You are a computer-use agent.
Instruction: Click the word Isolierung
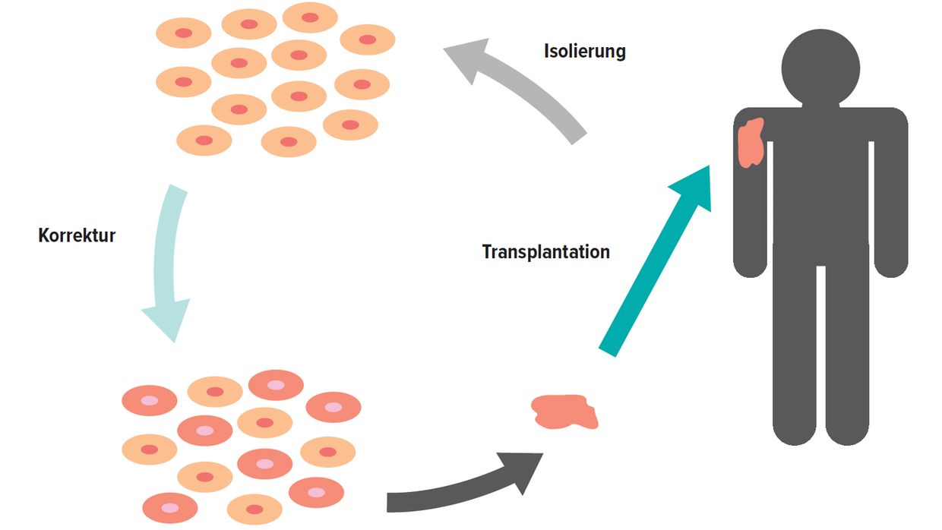[x=585, y=52]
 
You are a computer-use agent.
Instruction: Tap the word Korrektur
[x=77, y=235]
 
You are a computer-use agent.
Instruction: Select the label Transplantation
[x=545, y=251]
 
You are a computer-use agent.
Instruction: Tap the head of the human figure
[x=820, y=67]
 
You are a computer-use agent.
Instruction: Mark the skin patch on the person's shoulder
[x=752, y=142]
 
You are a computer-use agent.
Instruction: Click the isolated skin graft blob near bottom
[x=565, y=412]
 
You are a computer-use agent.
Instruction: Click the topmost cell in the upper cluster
[x=310, y=17]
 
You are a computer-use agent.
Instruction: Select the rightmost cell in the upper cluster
[x=368, y=39]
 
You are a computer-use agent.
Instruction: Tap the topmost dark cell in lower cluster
[x=276, y=385]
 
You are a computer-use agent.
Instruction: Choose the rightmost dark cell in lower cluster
[x=333, y=407]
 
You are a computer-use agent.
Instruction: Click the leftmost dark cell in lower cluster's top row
[x=150, y=400]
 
